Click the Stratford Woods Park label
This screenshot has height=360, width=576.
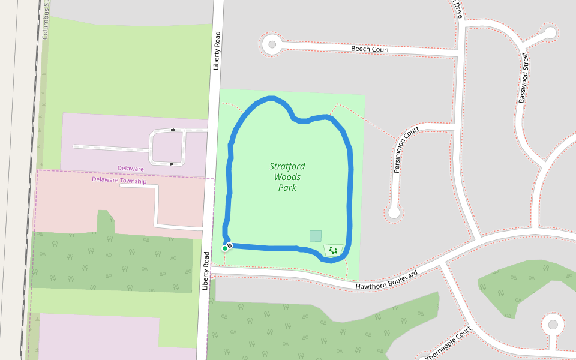click(287, 177)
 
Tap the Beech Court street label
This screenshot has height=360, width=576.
click(370, 49)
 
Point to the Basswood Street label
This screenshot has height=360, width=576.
click(523, 76)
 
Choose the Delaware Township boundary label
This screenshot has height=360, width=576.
click(119, 180)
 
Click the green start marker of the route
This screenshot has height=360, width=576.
click(225, 248)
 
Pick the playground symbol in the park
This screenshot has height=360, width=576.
click(333, 250)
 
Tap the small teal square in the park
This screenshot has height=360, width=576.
click(316, 236)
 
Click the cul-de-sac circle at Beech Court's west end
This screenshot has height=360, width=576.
click(272, 44)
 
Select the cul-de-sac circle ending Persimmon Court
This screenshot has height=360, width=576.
click(394, 212)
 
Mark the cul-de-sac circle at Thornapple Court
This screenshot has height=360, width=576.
click(553, 325)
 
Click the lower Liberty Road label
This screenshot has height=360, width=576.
click(205, 271)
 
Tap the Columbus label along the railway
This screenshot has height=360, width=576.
click(45, 20)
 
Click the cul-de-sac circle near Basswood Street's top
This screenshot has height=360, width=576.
click(550, 32)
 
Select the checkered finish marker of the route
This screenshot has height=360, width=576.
click(230, 245)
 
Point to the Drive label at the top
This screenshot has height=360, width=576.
click(458, 8)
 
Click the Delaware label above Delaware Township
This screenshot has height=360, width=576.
click(130, 169)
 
